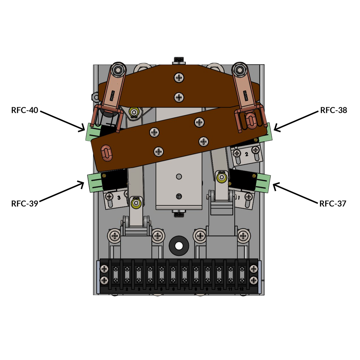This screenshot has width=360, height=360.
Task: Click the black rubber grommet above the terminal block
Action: coord(179,246)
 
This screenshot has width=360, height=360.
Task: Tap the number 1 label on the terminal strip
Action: coord(116,289)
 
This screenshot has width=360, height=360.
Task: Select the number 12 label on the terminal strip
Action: coord(241,289)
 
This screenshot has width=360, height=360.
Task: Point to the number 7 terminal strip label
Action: coord(184,289)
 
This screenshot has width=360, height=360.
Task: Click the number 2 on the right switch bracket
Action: coord(247,154)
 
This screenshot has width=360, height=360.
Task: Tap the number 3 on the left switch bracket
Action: coord(119,198)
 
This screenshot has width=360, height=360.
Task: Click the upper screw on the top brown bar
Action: coord(179,78)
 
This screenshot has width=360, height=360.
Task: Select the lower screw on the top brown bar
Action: coord(179,97)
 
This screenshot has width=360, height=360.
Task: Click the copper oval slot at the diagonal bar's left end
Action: coord(106,152)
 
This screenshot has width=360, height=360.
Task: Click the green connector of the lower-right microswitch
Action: coord(264,183)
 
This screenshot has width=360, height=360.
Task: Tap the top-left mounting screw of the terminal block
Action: coord(104,268)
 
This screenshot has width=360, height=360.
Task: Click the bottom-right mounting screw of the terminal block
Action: coord(254,281)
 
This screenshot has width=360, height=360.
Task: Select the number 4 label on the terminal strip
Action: coord(150,289)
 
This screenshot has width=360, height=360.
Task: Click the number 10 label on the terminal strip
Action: coord(219,289)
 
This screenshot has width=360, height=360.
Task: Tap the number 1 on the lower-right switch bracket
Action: coord(239,198)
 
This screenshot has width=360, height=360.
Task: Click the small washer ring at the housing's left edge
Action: coord(95,97)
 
